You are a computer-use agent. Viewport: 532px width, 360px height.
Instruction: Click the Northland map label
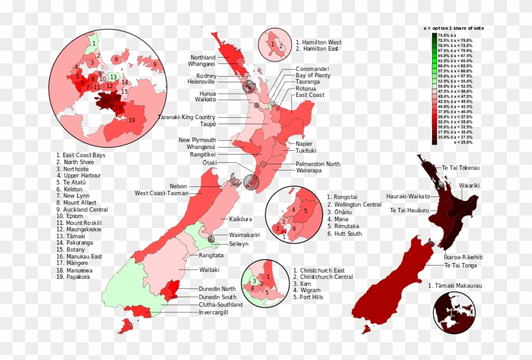203,58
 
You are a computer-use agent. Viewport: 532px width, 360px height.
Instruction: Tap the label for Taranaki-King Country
186,117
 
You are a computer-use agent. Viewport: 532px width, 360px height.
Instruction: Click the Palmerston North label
317,164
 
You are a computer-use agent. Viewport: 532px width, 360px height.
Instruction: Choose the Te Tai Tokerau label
460,168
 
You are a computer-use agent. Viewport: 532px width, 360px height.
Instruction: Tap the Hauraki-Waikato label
408,196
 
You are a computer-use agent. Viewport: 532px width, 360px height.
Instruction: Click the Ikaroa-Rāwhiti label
463,257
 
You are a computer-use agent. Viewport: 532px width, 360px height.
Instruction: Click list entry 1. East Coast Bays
80,155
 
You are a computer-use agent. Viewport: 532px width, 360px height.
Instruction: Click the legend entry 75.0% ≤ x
451,35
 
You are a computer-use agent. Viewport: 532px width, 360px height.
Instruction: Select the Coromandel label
312,68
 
